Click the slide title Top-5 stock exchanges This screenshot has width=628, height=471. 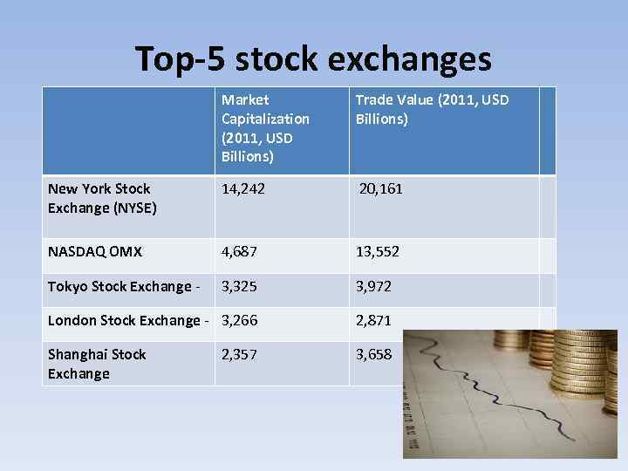313,59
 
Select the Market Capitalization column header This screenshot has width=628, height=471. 265,128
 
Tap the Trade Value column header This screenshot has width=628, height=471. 432,109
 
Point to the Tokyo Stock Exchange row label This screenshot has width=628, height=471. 123,287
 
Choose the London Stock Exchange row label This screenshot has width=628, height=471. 128,320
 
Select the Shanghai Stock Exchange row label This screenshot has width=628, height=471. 97,364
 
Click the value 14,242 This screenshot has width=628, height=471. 243,188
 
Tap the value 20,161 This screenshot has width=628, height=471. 380,188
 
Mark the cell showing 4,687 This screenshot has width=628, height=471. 240,252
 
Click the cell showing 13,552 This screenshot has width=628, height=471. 378,252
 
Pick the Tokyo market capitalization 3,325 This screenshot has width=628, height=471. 240,286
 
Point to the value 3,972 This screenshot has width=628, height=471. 373,286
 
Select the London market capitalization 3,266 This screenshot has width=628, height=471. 240,320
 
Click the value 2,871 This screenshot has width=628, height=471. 373,320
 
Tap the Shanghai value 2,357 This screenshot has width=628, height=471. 240,354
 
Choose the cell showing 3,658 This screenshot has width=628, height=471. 373,354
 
